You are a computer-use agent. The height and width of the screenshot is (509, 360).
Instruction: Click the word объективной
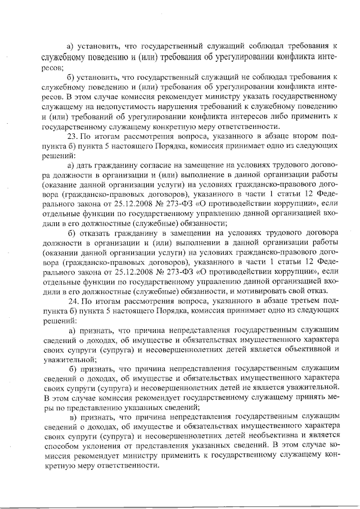point(303,349)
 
